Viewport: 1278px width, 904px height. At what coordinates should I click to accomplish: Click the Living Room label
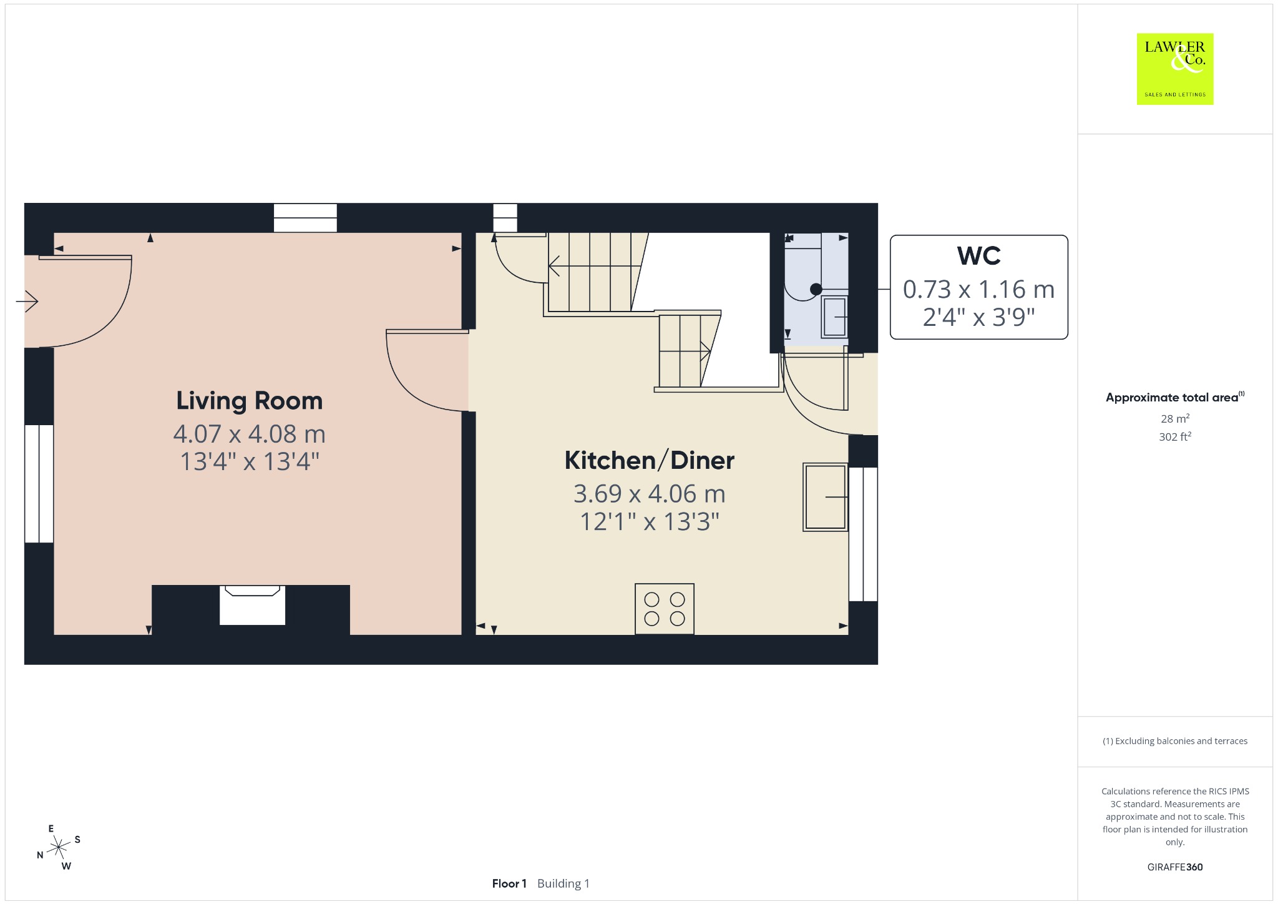pyautogui.click(x=250, y=401)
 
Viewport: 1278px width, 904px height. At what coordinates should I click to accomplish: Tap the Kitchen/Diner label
pyautogui.click(x=650, y=461)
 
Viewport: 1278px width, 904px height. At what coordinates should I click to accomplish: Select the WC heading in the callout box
pyautogui.click(x=978, y=256)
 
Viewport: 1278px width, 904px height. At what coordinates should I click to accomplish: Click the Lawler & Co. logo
pyautogui.click(x=1175, y=69)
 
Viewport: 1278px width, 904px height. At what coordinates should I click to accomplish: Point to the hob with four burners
pyautogui.click(x=665, y=609)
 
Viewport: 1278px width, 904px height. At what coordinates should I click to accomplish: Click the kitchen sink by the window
pyautogui.click(x=826, y=497)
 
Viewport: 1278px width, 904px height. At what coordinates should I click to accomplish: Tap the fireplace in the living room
pyautogui.click(x=252, y=605)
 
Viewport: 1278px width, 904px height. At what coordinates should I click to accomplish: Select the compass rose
pyautogui.click(x=59, y=847)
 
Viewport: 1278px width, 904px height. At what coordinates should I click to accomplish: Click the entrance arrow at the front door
pyautogui.click(x=27, y=302)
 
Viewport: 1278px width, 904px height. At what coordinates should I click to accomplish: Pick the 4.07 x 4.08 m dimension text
pyautogui.click(x=250, y=434)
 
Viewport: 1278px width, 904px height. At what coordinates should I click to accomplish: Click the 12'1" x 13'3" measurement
pyautogui.click(x=650, y=522)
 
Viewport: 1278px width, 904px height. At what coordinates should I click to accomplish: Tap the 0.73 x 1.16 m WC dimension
pyautogui.click(x=978, y=290)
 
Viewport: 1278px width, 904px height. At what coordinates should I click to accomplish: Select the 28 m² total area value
pyautogui.click(x=1175, y=418)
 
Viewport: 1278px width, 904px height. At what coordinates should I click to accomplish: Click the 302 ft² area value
pyautogui.click(x=1175, y=436)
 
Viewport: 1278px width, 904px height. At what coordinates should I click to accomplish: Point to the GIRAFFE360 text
pyautogui.click(x=1175, y=867)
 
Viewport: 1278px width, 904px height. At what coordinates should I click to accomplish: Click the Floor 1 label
pyautogui.click(x=509, y=883)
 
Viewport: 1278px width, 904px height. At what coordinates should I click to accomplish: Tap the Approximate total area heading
pyautogui.click(x=1174, y=397)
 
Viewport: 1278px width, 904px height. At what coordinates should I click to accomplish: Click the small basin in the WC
pyautogui.click(x=834, y=317)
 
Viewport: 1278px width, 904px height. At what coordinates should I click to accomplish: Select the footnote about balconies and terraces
pyautogui.click(x=1175, y=741)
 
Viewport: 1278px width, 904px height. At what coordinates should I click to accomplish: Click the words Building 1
pyautogui.click(x=563, y=883)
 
